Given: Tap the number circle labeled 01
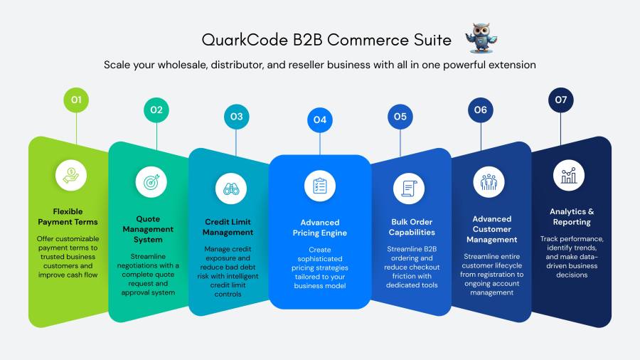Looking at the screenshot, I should point(76,100).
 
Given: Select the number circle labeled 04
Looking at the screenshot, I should point(320,120).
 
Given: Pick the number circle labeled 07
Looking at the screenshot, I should point(561,100).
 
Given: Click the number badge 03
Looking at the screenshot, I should point(236,116).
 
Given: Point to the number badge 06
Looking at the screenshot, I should point(481,110).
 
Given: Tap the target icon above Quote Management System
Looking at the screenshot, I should point(151,181).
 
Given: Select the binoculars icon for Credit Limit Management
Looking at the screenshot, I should point(230,189).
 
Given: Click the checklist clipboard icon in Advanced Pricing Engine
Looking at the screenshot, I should point(320,186).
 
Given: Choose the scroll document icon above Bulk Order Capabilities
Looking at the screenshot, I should point(409,189).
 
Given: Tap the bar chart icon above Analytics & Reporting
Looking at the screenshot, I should point(569,175).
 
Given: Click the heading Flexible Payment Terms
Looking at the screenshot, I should point(68,217).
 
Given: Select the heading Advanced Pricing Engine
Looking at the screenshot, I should point(320,228).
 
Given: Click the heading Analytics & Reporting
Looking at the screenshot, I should point(572,217).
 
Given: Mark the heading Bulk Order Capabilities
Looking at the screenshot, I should point(412,227).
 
